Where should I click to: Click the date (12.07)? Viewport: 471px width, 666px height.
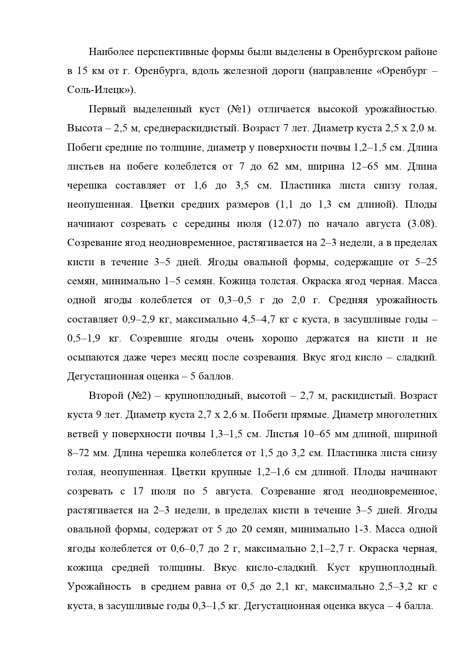(x=285, y=224)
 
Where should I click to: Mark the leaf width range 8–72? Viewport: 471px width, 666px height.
(x=82, y=453)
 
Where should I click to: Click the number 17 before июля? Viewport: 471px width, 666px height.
(x=138, y=491)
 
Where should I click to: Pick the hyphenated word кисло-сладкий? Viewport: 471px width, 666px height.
(x=282, y=568)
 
